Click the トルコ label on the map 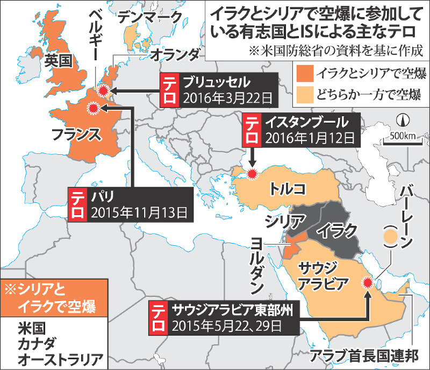288,188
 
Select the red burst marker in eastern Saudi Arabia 368,282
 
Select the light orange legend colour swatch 305,96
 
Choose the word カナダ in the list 32,342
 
